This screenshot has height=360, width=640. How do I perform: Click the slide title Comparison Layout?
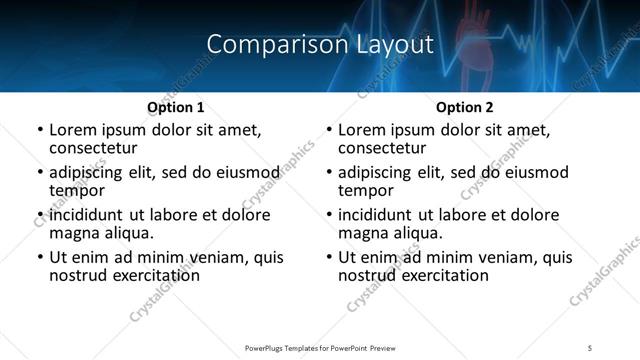point(319,45)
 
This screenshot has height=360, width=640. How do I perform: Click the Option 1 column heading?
point(175,107)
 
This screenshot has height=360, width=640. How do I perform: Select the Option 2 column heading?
point(464,107)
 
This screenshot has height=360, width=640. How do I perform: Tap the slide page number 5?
point(590,347)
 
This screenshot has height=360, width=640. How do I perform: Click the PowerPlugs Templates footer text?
point(319,347)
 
